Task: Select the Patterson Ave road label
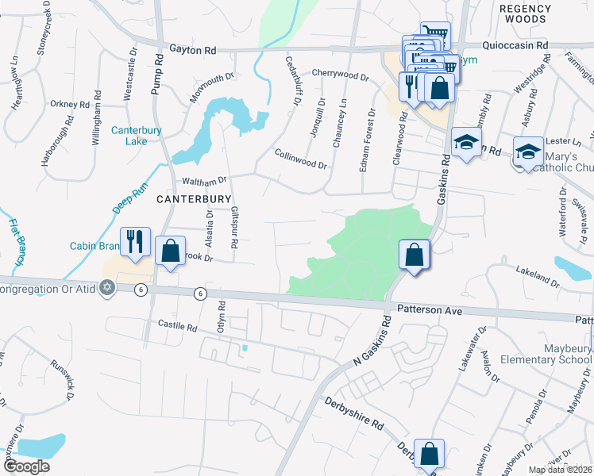tap(430, 312)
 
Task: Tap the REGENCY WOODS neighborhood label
tap(525, 13)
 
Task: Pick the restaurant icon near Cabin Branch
tap(135, 241)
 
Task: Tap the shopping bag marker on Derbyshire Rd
tap(429, 455)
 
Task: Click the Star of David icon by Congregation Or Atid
tap(107, 289)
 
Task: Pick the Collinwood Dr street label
tap(301, 159)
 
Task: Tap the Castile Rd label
tap(176, 325)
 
